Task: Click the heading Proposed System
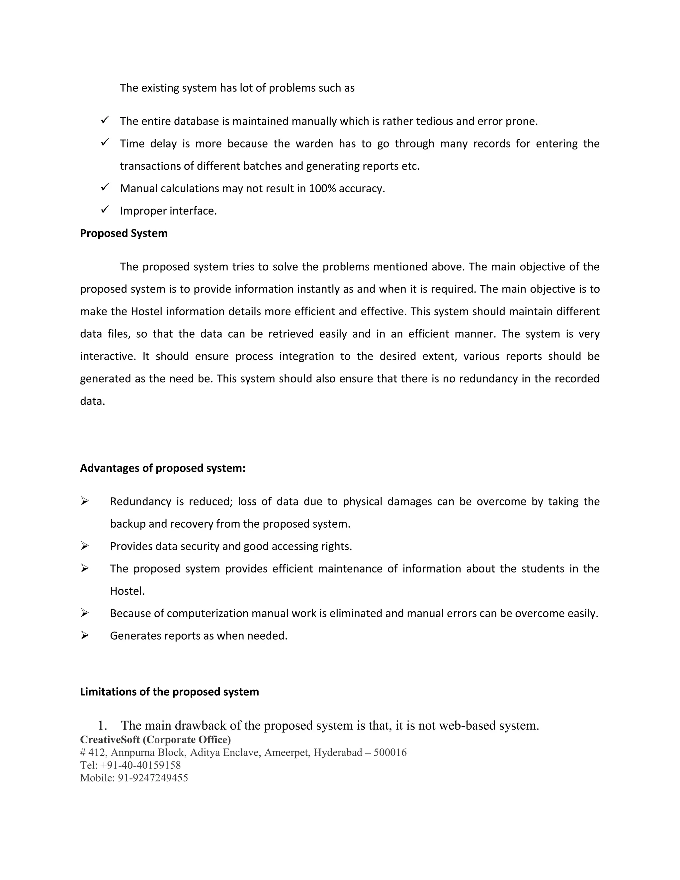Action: [x=124, y=234]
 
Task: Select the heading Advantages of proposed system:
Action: [x=162, y=468]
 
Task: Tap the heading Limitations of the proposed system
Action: [x=169, y=692]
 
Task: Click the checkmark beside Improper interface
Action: [x=105, y=210]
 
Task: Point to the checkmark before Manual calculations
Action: [x=105, y=187]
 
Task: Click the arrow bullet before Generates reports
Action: [x=85, y=635]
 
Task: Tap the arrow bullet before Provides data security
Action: [x=85, y=546]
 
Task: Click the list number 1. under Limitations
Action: [x=102, y=726]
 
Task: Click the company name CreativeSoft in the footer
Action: [x=110, y=740]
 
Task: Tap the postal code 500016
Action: [x=389, y=753]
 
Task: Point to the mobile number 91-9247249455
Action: [x=153, y=778]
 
